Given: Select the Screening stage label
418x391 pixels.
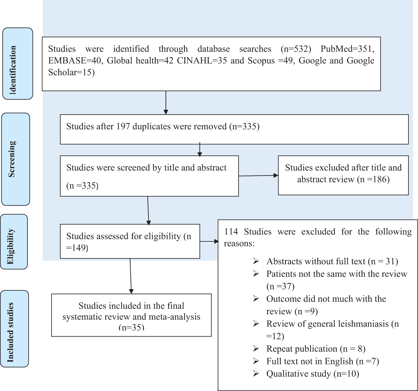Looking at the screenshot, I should tap(12, 159).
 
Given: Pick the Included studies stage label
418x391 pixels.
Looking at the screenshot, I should tap(10, 332).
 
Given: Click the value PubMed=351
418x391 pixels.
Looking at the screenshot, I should tap(347, 49).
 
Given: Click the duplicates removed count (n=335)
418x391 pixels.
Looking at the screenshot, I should tap(244, 127).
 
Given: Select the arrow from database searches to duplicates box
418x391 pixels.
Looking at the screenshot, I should tap(166, 103).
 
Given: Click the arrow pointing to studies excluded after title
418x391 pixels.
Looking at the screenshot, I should tap(258, 176).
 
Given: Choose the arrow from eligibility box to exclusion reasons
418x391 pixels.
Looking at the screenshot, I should tap(209, 241).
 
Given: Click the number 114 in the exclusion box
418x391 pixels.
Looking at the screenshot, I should tap(231, 232).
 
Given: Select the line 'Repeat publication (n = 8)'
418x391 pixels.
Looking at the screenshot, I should tap(316, 349).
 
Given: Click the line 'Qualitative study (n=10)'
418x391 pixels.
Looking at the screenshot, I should tap(313, 374).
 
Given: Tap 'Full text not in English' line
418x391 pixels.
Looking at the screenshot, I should tap(322, 361).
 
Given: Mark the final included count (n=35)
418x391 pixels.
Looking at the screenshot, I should tap(131, 327).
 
